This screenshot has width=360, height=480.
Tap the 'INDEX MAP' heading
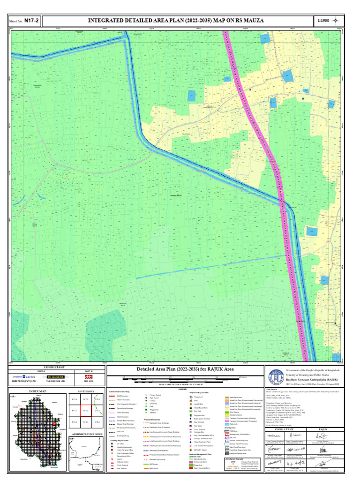click(x=37, y=391)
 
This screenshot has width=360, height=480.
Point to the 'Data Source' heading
click(x=272, y=389)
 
